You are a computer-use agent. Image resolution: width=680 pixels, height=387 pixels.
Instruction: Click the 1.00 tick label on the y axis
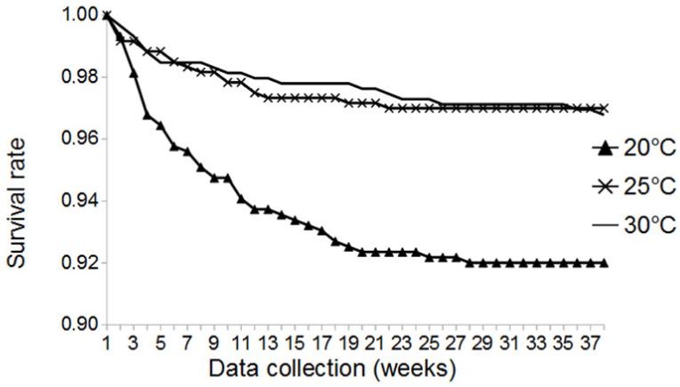click(79, 15)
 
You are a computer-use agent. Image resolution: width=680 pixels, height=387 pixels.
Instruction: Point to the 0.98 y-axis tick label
click(79, 77)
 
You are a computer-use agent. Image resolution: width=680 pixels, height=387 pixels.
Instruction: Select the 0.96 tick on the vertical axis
click(79, 139)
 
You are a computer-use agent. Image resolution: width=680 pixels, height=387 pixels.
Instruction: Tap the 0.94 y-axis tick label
click(79, 201)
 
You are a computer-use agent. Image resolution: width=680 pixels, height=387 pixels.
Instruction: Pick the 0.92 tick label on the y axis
click(79, 262)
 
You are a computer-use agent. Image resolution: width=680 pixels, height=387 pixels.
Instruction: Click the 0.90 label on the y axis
click(79, 325)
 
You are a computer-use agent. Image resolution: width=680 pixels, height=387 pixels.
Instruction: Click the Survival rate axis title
click(20, 169)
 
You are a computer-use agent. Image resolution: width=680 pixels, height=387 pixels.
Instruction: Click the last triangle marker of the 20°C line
click(604, 263)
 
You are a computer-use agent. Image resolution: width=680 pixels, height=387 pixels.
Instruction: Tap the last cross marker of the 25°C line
click(604, 109)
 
